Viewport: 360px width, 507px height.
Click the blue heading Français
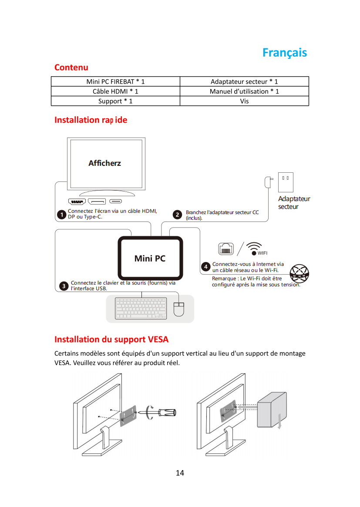284,53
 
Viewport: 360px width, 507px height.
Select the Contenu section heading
71,67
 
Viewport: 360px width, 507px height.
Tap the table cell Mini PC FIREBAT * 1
115,81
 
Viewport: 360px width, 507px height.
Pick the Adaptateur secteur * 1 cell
244,81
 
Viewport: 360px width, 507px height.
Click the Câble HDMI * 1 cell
115,91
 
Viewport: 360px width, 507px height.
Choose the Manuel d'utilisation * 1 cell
244,91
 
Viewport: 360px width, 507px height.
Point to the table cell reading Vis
244,101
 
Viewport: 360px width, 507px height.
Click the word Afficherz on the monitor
104,163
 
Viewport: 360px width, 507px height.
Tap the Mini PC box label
150,259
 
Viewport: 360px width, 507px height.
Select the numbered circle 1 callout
62,215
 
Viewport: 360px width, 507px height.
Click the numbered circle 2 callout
177,215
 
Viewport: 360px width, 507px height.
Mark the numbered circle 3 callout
64,286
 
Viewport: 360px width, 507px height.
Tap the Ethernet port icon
226,249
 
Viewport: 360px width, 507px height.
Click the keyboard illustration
141,308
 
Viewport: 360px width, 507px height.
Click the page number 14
180,473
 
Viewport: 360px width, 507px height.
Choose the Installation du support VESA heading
111,339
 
